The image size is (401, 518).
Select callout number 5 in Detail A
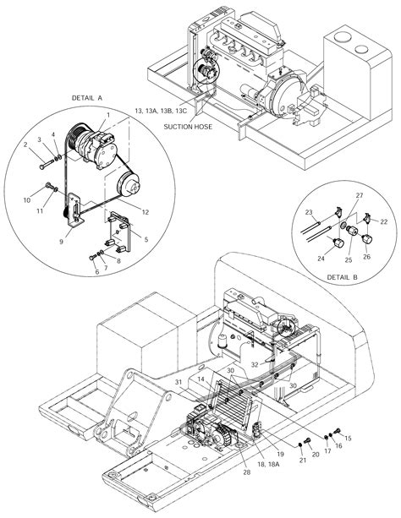[146, 240]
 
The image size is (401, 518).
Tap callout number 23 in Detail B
[310, 212]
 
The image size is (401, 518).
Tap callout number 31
[178, 382]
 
